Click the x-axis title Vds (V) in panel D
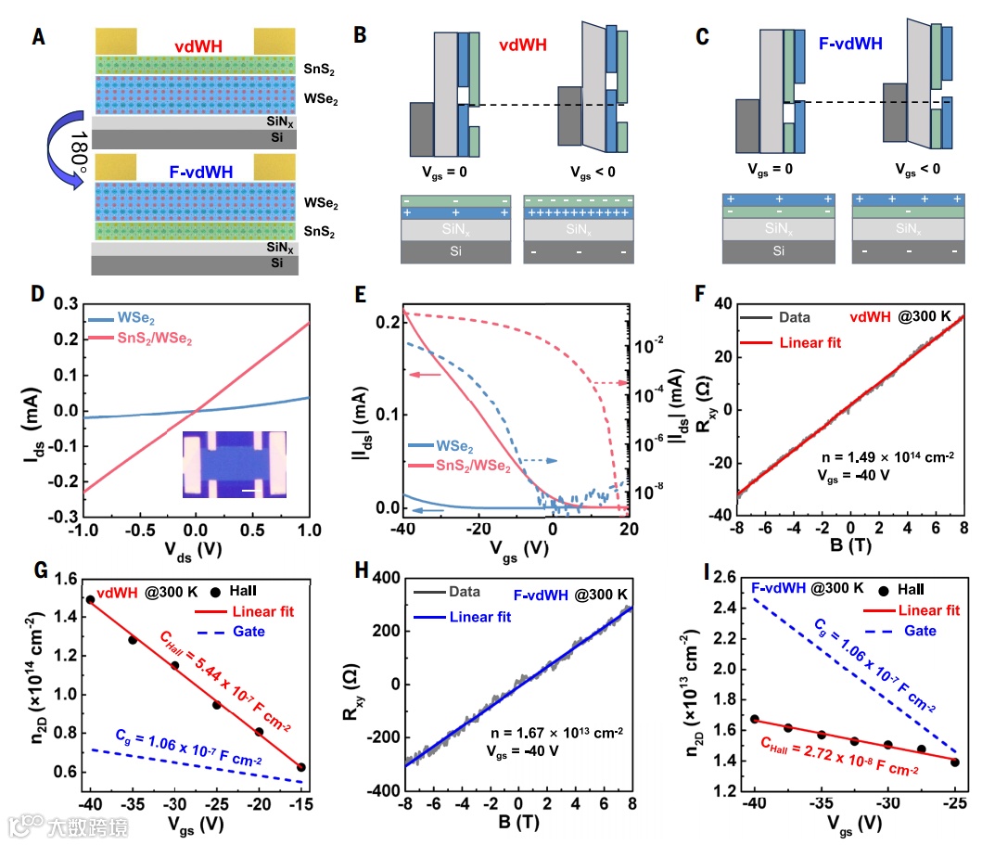[193, 549]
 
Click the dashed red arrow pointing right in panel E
[610, 382]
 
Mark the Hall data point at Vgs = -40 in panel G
[90, 599]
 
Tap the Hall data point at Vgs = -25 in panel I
[954, 762]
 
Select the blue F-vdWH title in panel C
[850, 43]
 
